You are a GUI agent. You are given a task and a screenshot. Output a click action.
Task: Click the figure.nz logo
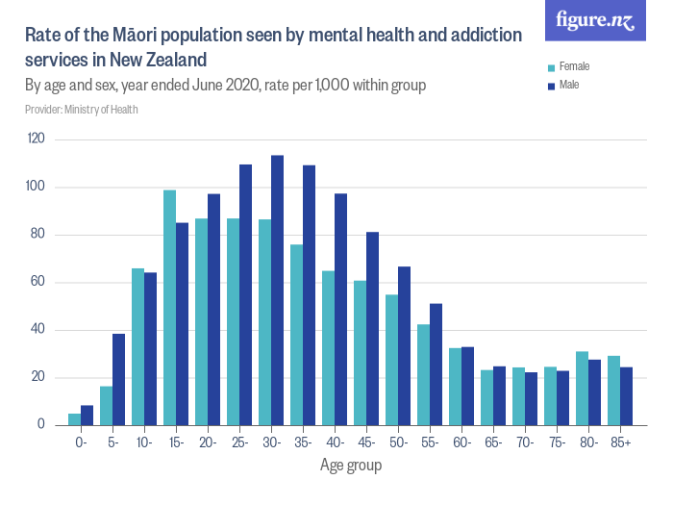click(595, 20)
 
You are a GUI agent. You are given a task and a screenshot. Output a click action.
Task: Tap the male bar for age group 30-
click(277, 290)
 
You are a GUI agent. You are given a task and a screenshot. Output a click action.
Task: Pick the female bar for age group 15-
click(169, 307)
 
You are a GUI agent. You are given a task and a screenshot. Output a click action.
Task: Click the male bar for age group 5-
click(119, 379)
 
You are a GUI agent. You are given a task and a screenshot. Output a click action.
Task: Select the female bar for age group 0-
click(75, 418)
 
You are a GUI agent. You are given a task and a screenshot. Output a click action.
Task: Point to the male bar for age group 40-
click(340, 309)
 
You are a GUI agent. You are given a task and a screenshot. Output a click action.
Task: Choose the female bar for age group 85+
click(613, 390)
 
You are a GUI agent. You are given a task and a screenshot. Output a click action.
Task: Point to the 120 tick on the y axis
click(37, 139)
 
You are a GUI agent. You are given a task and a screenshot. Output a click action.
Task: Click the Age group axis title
click(350, 466)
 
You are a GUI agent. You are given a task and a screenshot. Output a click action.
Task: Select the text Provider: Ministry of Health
click(81, 110)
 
